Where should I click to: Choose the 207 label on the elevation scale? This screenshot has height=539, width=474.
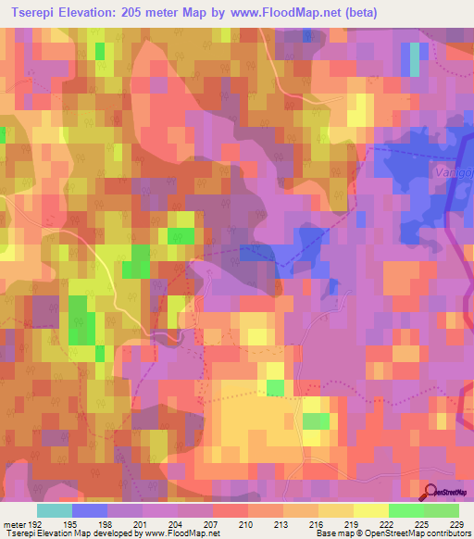pos(212,523)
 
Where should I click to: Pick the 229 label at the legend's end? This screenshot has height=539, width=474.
pos(457,523)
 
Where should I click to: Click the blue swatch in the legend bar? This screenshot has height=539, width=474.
pos(90,510)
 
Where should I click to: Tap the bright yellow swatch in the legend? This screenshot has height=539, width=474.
pos(370,510)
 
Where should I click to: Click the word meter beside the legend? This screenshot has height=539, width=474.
pos(14,523)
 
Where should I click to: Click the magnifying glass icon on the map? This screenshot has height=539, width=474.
pos(430,490)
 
